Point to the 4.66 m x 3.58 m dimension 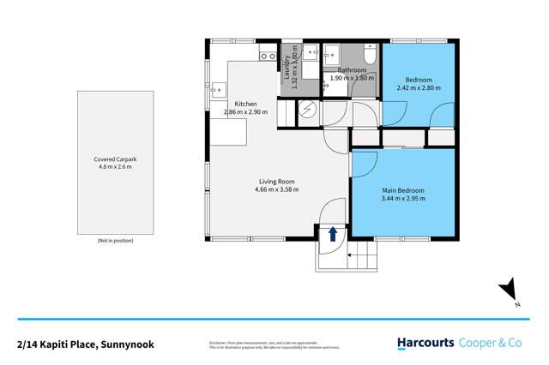click(278, 189)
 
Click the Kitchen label click(245, 104)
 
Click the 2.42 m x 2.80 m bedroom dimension click(417, 87)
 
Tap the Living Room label click(278, 181)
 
